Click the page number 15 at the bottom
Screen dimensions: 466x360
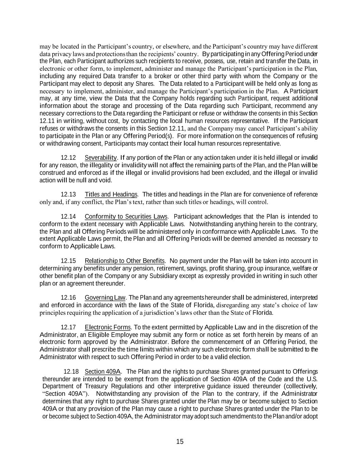click(x=180, y=442)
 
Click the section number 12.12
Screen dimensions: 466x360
click(x=68, y=158)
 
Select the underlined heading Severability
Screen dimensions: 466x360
click(x=101, y=158)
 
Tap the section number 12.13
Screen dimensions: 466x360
click(x=68, y=195)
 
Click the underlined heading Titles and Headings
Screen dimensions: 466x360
click(x=111, y=195)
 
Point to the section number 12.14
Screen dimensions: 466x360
click(x=68, y=217)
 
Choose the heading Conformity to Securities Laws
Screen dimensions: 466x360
click(x=126, y=217)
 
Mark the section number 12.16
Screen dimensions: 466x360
click(x=68, y=298)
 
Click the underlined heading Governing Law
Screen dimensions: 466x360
click(x=105, y=298)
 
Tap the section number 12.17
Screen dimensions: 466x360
click(x=68, y=328)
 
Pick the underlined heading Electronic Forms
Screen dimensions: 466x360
click(x=108, y=328)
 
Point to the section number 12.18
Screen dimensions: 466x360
click(x=71, y=372)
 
